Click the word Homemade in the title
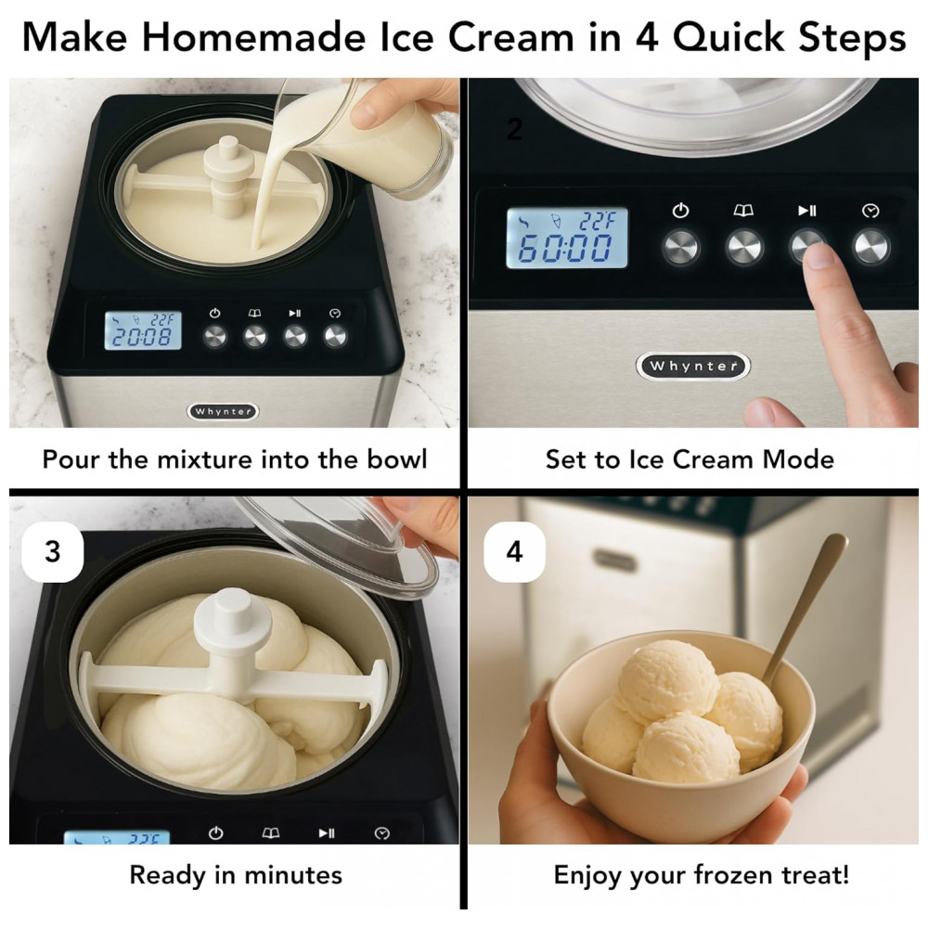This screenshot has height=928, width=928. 253,37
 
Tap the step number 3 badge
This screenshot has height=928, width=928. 53,551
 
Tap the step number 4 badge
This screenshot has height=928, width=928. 514,551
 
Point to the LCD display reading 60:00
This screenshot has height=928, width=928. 567,238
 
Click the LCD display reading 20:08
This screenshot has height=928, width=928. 143,330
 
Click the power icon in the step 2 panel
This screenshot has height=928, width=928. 680,210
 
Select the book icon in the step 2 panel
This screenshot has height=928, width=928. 743,210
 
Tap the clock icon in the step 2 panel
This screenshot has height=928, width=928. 870,211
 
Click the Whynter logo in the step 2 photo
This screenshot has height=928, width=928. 693,366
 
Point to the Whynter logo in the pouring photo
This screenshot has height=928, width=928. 223,411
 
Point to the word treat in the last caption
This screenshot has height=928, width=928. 810,875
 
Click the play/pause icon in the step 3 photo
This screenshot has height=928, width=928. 327,832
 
